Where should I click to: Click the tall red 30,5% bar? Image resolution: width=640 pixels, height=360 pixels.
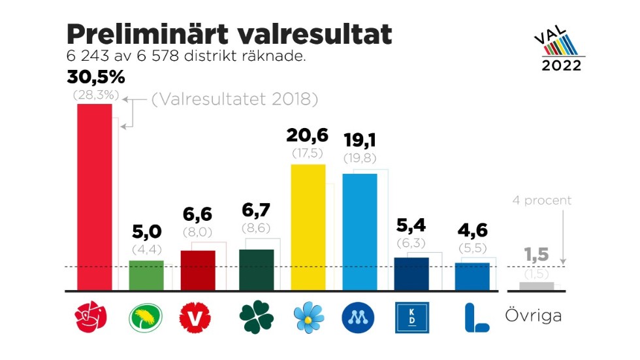pyautogui.click(x=94, y=196)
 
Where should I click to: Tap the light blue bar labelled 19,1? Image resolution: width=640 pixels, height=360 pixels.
pyautogui.click(x=359, y=231)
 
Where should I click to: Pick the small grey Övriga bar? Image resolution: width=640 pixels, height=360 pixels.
pyautogui.click(x=537, y=286)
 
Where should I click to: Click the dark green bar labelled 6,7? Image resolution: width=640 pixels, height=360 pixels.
pyautogui.click(x=257, y=269)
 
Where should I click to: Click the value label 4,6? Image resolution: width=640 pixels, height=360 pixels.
pyautogui.click(x=472, y=231)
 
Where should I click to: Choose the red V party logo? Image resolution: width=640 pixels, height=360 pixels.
pyautogui.click(x=197, y=318)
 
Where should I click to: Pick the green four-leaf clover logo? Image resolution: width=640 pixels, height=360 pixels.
pyautogui.click(x=256, y=318)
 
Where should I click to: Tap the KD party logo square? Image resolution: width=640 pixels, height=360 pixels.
pyautogui.click(x=412, y=318)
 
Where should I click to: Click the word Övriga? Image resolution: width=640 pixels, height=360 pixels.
pyautogui.click(x=534, y=316)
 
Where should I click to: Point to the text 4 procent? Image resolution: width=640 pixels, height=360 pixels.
pyautogui.click(x=541, y=201)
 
